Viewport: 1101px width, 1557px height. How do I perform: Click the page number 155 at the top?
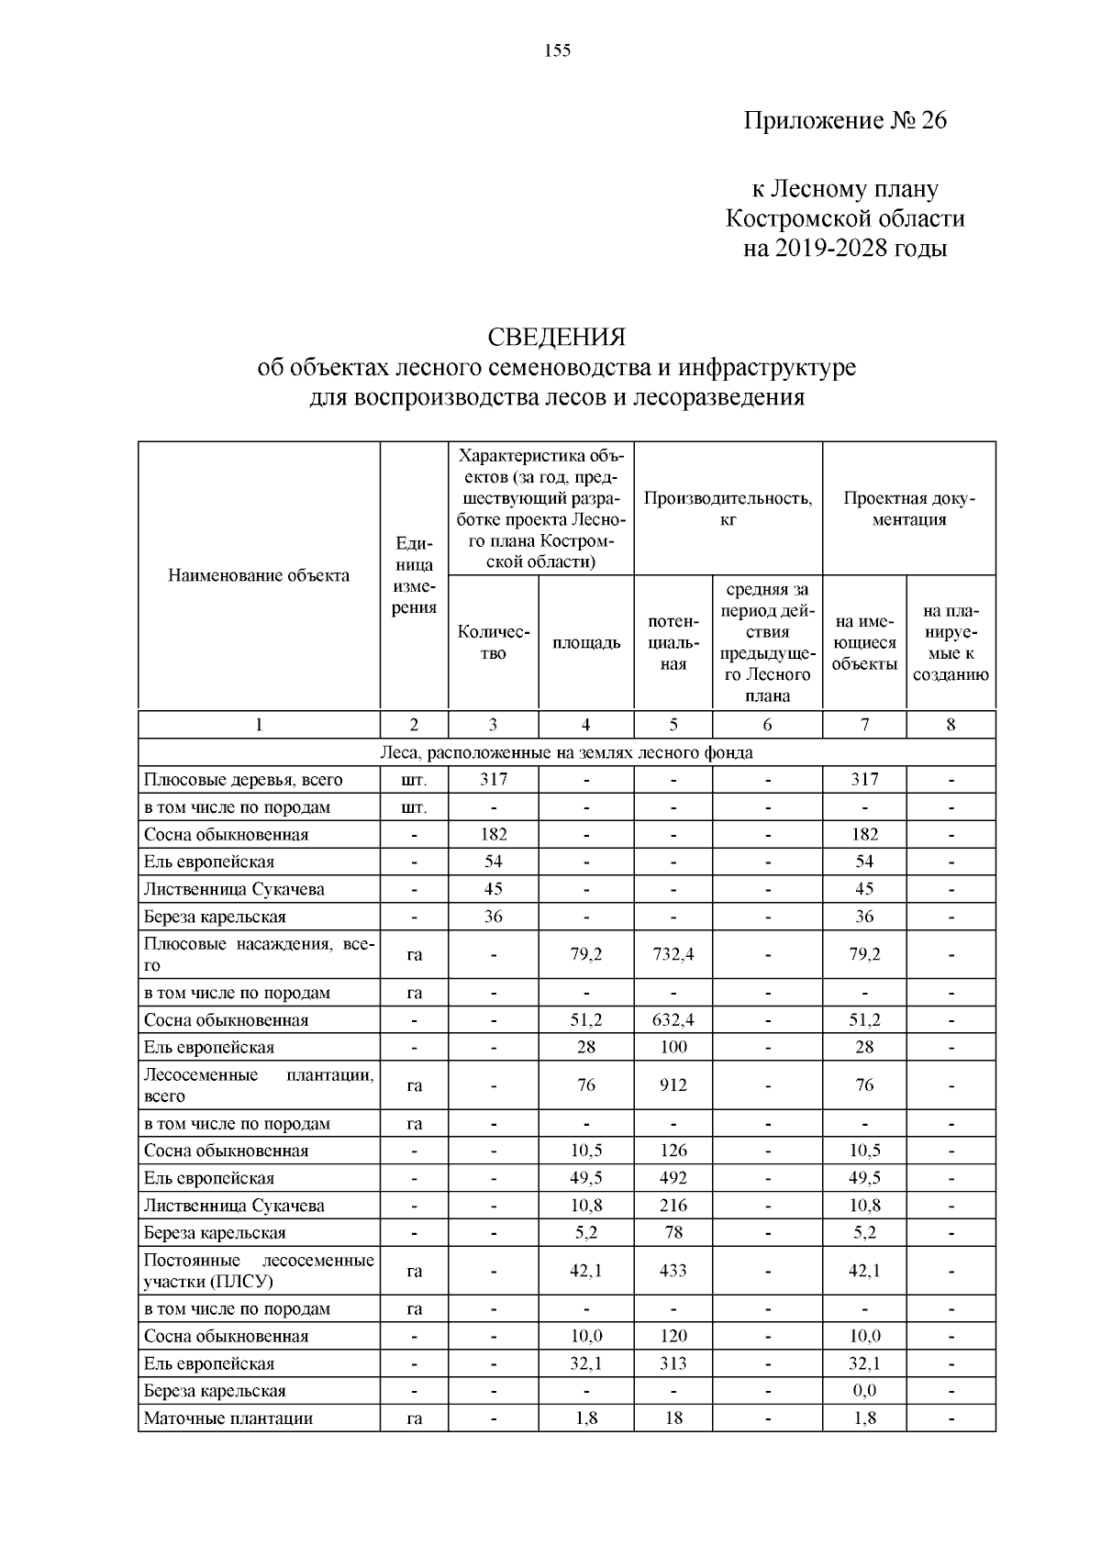click(x=557, y=51)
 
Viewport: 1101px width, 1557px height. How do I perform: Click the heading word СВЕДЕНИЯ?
click(x=556, y=337)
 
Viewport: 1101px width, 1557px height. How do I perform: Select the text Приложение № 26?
click(x=844, y=121)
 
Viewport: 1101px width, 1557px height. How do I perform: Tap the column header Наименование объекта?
click(x=259, y=576)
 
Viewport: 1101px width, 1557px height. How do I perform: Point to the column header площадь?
click(x=585, y=642)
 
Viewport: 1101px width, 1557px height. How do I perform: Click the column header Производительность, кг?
click(x=728, y=508)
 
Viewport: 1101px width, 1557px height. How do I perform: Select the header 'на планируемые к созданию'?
click(x=951, y=642)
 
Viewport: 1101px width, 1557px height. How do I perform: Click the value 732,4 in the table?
click(x=673, y=954)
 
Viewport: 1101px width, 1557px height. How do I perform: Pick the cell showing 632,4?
click(x=673, y=1020)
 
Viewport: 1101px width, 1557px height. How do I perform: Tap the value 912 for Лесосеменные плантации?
click(x=673, y=1085)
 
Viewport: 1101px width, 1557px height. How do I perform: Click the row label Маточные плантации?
click(x=228, y=1418)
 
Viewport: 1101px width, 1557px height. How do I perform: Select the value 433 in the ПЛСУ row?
click(x=673, y=1271)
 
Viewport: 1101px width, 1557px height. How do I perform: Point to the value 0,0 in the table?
click(x=864, y=1391)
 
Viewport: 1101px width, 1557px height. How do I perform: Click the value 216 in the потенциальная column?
click(x=673, y=1206)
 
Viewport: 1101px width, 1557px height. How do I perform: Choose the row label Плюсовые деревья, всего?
click(x=243, y=781)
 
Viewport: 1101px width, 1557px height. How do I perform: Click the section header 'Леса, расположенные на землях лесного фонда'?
click(x=566, y=753)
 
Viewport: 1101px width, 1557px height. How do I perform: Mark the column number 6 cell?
click(x=767, y=725)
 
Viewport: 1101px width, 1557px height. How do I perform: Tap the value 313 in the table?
click(x=673, y=1364)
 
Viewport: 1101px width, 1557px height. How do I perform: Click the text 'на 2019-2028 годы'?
click(x=844, y=249)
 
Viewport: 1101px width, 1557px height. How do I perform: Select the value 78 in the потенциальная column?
click(x=673, y=1233)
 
